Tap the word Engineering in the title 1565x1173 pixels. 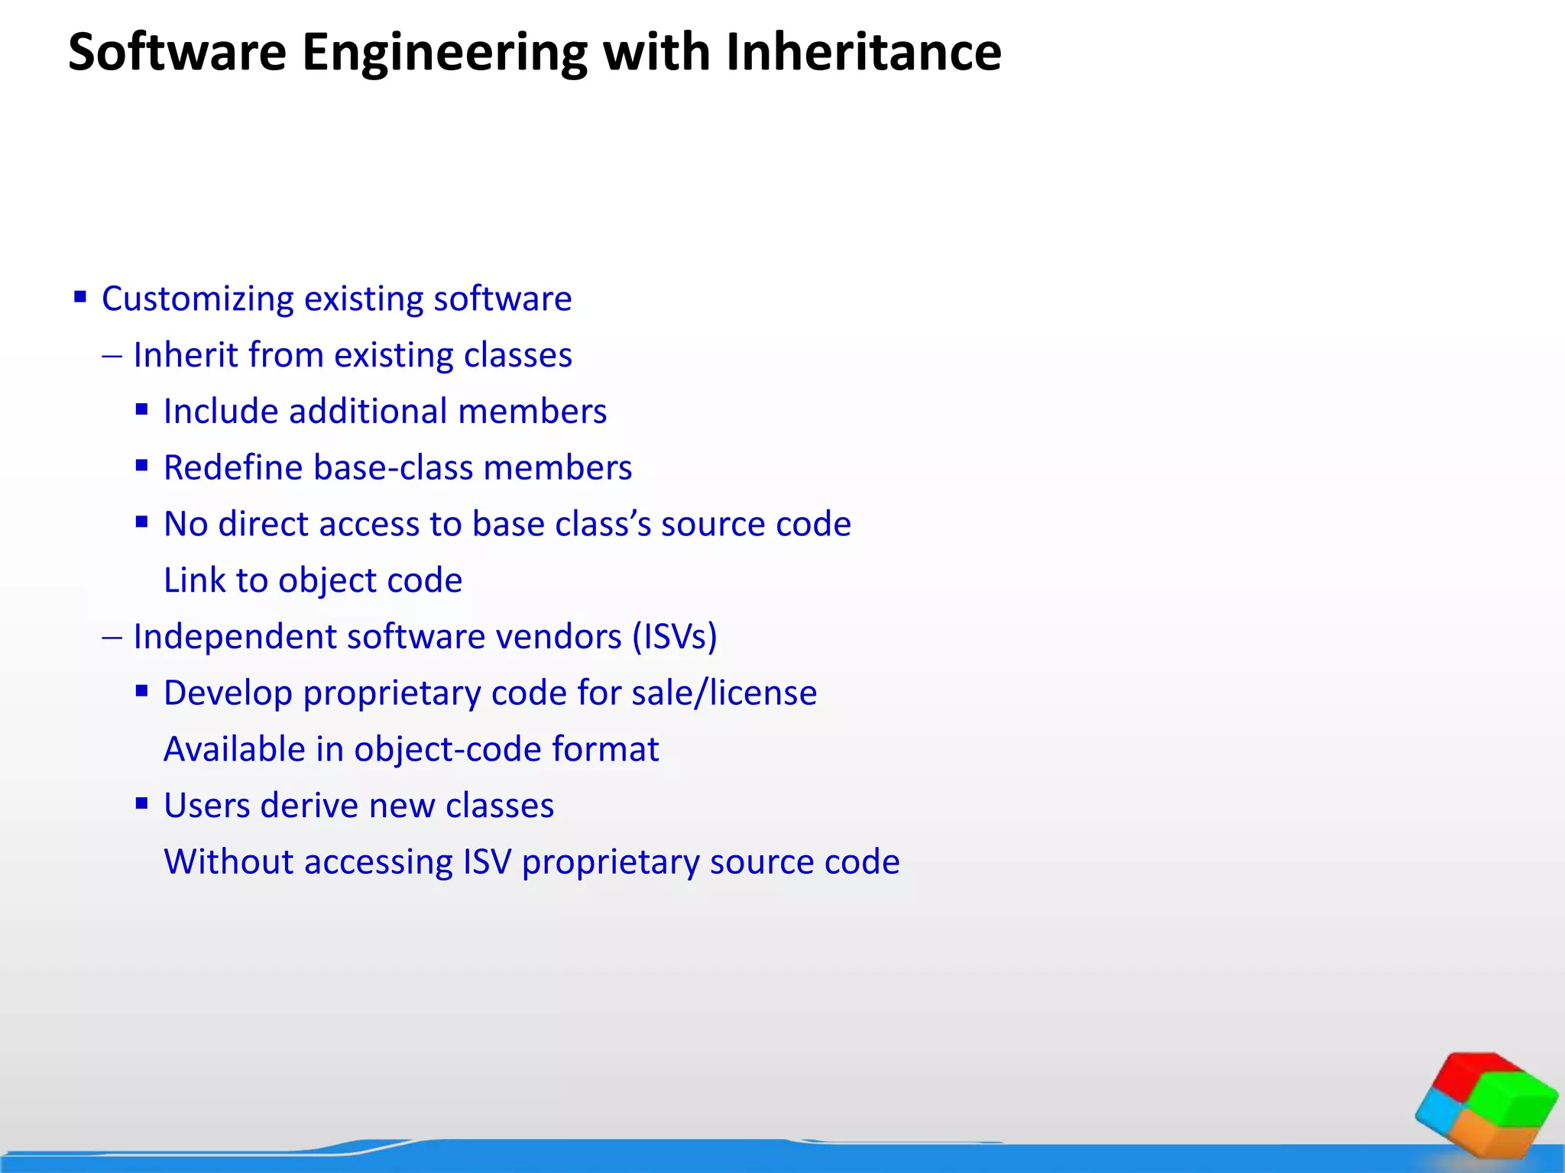[444, 53]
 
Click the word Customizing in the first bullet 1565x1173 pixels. [197, 299]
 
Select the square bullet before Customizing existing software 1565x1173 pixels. [80, 296]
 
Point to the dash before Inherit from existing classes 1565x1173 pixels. [112, 356]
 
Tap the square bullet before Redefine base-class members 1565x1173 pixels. [141, 465]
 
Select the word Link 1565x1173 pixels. [194, 580]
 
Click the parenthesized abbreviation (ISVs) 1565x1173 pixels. [674, 636]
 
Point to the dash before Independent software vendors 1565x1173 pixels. [112, 637]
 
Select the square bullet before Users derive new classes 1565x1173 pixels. [141, 803]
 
